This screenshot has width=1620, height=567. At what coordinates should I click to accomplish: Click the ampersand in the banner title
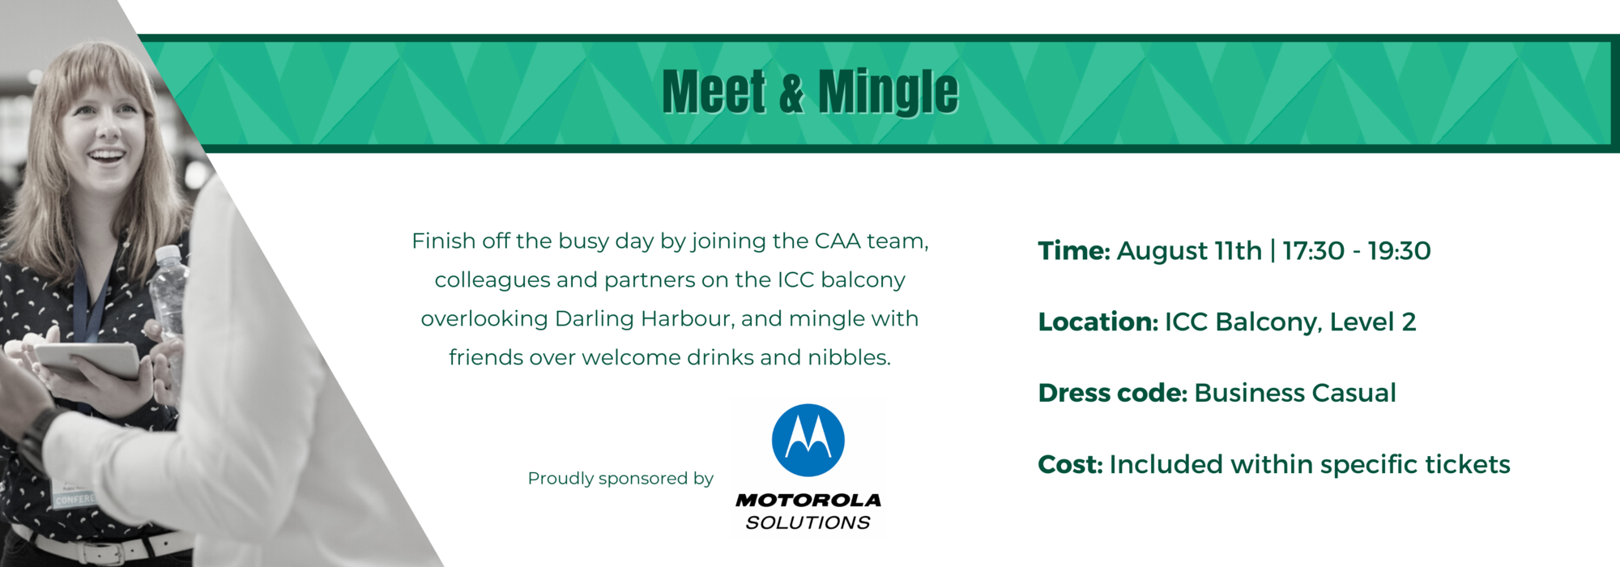[x=792, y=92]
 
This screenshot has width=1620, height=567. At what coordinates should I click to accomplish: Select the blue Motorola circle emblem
[x=808, y=440]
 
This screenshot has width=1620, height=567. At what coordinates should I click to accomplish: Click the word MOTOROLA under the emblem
[x=808, y=501]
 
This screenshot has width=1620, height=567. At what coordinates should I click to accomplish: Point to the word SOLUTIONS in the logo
[x=808, y=523]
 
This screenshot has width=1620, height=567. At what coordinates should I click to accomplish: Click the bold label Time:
[x=1074, y=251]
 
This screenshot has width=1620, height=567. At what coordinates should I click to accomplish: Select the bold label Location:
[x=1098, y=322]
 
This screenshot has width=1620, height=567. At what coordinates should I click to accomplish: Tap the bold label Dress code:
[x=1113, y=394]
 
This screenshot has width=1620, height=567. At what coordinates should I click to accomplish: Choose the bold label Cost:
[x=1071, y=465]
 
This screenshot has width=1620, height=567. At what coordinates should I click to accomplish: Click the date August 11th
[x=1189, y=252]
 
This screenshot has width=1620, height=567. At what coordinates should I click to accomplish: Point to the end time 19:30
[x=1400, y=251]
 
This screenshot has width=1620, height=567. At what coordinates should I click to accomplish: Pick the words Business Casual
[x=1295, y=394]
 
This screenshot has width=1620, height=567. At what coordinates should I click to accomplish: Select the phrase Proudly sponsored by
[x=620, y=479]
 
